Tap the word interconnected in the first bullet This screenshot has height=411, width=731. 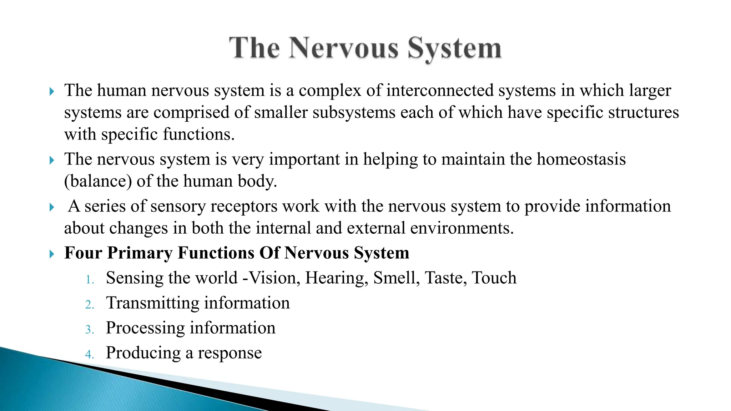[x=439, y=90]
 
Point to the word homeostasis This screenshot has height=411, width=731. [x=581, y=159]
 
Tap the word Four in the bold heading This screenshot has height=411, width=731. [x=83, y=253]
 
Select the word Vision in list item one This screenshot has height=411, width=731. [x=274, y=278]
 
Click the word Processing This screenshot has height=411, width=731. [x=145, y=328]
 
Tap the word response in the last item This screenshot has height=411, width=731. [x=230, y=353]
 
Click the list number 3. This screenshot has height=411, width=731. [x=89, y=330]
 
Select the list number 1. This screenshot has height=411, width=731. [x=89, y=280]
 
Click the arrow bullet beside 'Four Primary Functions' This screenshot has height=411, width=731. [x=52, y=254]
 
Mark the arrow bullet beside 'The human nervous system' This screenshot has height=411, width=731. [x=52, y=92]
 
